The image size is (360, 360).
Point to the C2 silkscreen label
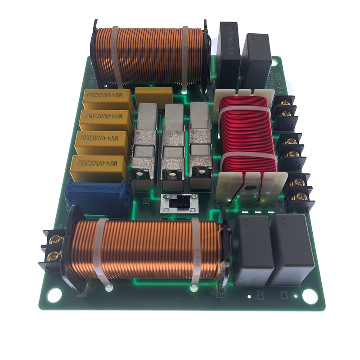tap(260, 295)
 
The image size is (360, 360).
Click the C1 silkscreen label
tap(284, 295)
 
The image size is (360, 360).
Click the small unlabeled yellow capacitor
tap(153, 97)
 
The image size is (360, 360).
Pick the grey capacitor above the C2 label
tap(254, 250)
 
